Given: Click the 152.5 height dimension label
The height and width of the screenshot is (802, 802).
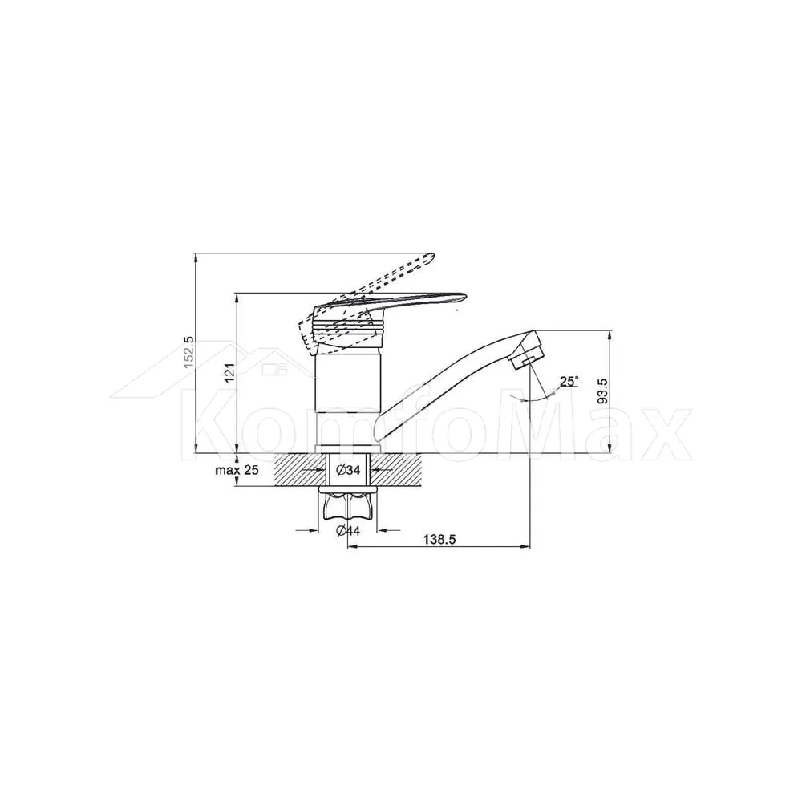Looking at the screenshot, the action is (188, 352).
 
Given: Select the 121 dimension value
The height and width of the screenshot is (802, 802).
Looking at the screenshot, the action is (229, 372).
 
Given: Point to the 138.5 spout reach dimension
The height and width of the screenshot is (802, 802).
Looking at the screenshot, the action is (439, 539).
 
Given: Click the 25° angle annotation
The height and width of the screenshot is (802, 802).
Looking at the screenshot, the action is (569, 381).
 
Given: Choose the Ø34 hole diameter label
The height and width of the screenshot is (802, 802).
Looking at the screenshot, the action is (348, 470).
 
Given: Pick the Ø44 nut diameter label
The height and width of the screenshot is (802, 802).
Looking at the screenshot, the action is (348, 531).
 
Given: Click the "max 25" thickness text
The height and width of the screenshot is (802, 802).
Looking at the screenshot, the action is (237, 470).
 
